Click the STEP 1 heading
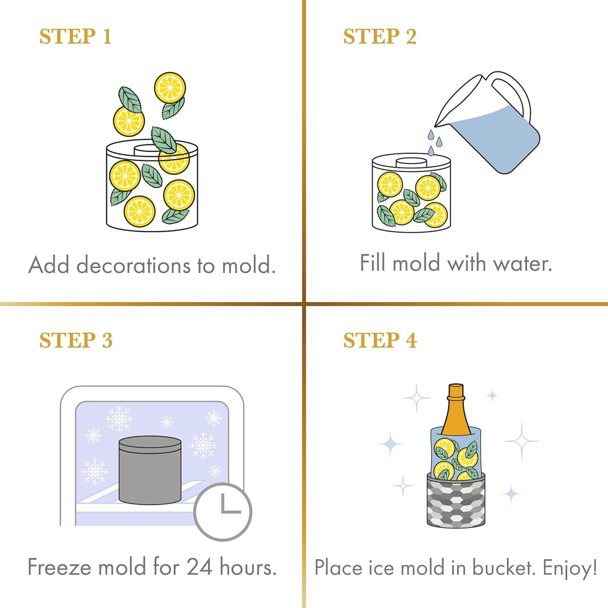click(x=76, y=36)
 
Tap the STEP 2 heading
click(x=380, y=36)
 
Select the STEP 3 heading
click(x=76, y=340)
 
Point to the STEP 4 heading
click(x=380, y=340)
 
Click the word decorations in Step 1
click(x=134, y=265)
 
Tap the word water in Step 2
click(x=522, y=263)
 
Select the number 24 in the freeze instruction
click(x=200, y=567)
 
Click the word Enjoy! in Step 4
click(x=570, y=568)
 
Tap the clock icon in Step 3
click(x=223, y=511)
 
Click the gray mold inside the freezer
click(x=150, y=470)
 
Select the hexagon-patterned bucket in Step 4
click(x=456, y=500)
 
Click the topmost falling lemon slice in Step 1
click(x=170, y=88)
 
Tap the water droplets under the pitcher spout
click(x=434, y=142)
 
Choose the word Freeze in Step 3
click(x=60, y=567)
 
